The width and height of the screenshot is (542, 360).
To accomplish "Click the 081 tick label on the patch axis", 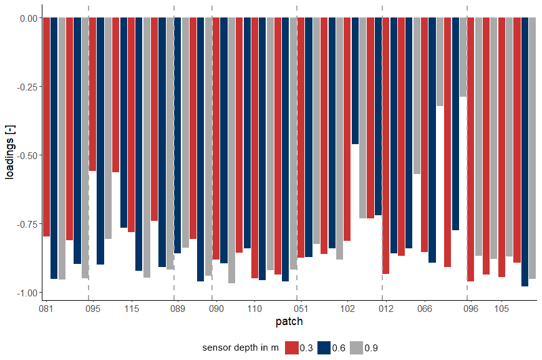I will click(x=46, y=309).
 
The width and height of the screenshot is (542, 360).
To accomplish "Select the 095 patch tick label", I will click(x=92, y=309).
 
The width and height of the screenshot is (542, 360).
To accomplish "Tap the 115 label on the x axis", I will click(x=131, y=309).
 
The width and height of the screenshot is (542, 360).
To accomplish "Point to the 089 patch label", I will click(x=177, y=309).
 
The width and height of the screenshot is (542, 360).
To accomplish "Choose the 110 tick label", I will click(x=254, y=309).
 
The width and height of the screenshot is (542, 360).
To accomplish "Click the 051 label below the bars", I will click(x=301, y=309).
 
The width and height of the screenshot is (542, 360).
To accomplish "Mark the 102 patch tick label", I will click(x=347, y=309).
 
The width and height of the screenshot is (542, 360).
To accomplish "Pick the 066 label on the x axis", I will click(x=425, y=309).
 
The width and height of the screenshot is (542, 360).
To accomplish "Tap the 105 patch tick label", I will click(x=502, y=309).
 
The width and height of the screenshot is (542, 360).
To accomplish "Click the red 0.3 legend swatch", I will click(x=292, y=348).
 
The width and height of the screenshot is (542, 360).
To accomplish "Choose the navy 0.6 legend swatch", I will click(x=324, y=348).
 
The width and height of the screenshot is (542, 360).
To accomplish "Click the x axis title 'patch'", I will click(x=289, y=322).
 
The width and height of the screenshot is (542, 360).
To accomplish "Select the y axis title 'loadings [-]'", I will click(x=9, y=155).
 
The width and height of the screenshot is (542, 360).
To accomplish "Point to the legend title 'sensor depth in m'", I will click(x=240, y=348).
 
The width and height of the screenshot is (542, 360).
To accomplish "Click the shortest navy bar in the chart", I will click(x=356, y=81).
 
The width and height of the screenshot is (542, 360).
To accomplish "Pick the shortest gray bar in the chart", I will click(x=463, y=57).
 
